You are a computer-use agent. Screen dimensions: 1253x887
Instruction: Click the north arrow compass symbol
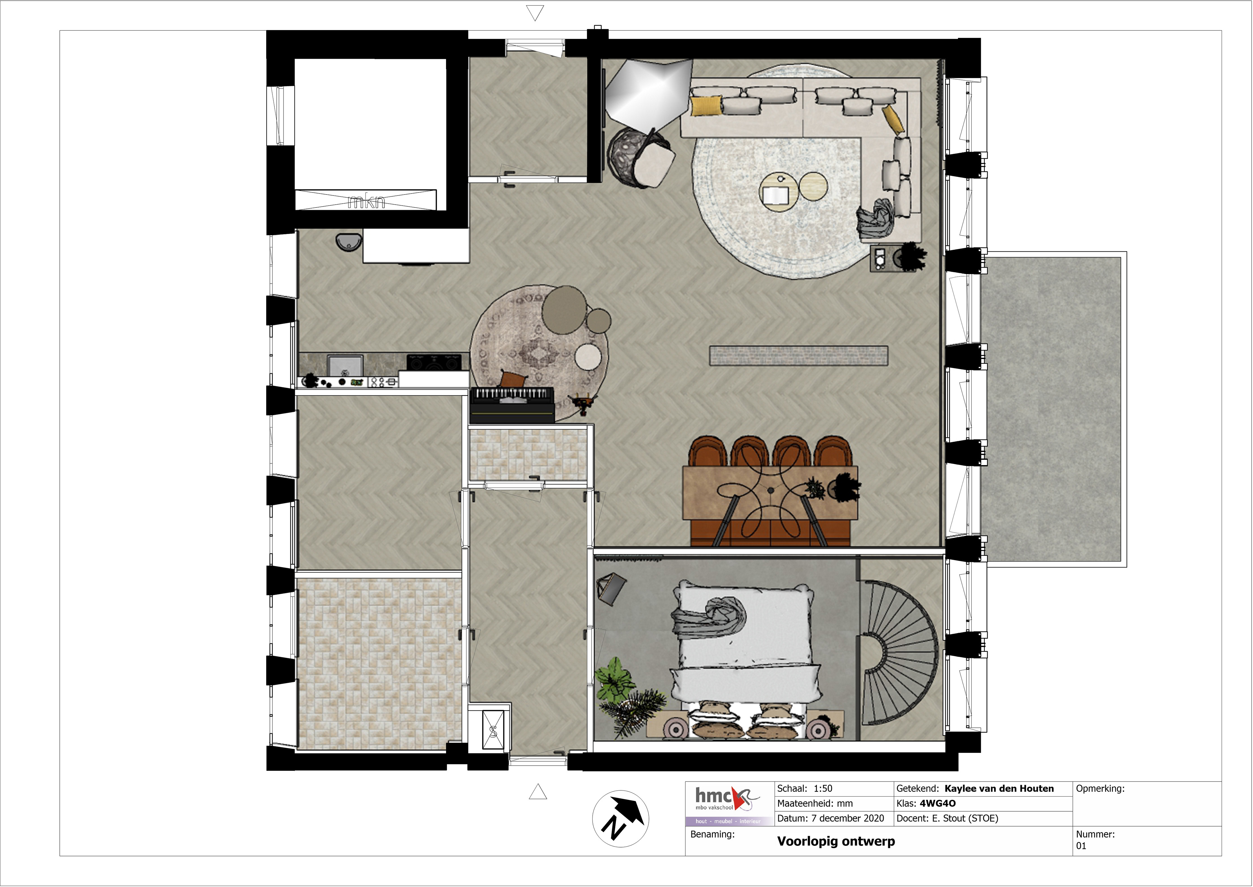click(621, 819)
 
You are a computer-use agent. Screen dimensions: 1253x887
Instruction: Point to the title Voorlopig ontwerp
click(836, 841)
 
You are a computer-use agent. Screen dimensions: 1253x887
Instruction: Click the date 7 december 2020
click(848, 818)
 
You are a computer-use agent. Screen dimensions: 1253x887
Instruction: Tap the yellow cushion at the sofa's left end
click(706, 105)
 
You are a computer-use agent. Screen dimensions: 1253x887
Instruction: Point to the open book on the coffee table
click(774, 195)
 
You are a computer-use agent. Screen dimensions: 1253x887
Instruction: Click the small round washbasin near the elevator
click(349, 242)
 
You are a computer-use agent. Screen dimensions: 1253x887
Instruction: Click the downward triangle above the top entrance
click(535, 12)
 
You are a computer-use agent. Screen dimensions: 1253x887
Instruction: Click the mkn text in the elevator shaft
click(366, 202)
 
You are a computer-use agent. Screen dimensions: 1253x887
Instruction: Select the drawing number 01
click(1081, 846)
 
